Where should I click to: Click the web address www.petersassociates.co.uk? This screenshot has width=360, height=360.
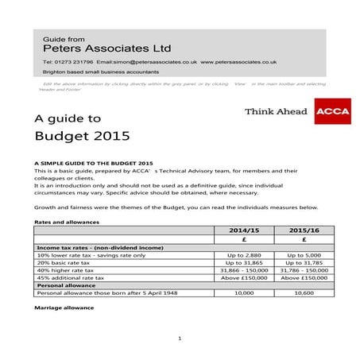point(238,61)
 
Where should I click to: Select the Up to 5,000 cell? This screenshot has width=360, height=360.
point(304,254)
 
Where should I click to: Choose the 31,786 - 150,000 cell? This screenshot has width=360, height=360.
point(304,270)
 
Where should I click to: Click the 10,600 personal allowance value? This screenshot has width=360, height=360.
point(304,292)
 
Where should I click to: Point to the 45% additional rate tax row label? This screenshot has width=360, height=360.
point(75,278)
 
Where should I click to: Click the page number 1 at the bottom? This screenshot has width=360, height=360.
point(180,339)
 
